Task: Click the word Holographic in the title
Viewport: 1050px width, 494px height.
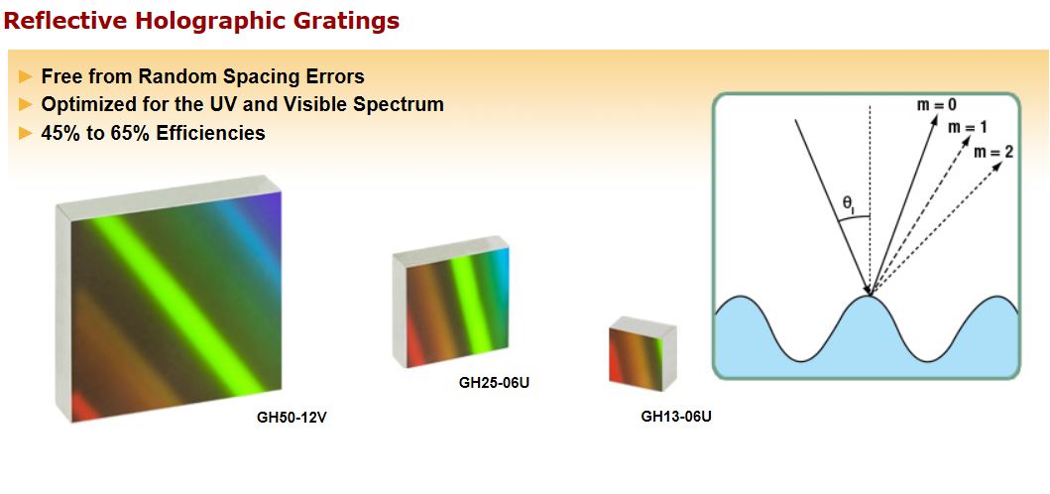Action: click(212, 21)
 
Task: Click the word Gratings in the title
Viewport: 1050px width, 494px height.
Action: click(348, 21)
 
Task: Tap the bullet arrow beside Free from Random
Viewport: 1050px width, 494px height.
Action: click(26, 76)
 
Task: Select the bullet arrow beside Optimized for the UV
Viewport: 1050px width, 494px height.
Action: click(26, 104)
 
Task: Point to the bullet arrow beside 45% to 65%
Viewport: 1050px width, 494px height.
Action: click(26, 133)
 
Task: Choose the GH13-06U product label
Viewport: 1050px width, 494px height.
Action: click(676, 417)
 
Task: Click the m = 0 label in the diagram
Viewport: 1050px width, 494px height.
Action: click(936, 104)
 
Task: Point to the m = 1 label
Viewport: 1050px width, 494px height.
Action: click(967, 127)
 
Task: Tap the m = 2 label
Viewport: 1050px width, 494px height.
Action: click(993, 152)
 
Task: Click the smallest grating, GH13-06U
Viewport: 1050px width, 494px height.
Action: click(642, 354)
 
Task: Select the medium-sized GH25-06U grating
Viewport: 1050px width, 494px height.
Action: click(451, 302)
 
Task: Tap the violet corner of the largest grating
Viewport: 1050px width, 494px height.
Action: click(270, 205)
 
